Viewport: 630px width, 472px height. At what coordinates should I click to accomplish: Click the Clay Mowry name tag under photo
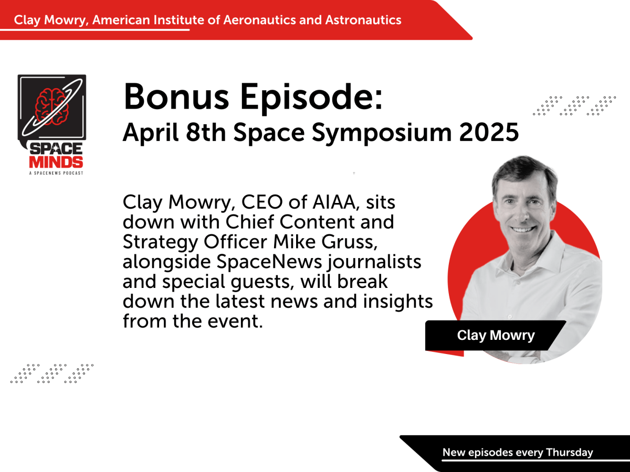click(495, 336)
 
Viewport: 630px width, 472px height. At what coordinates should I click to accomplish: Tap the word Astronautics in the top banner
click(363, 20)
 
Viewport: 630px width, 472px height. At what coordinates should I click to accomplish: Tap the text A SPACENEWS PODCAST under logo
click(52, 173)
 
